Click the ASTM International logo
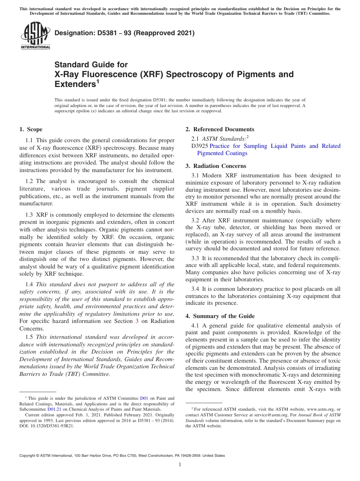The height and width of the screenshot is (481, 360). pyautogui.click(x=35, y=37)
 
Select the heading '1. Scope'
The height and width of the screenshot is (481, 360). pyautogui.click(x=31, y=129)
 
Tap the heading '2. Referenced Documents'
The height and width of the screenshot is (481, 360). pyautogui.click(x=220, y=129)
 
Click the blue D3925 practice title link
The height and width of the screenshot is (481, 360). pyautogui.click(x=275, y=146)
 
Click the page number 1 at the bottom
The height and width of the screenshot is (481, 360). pyautogui.click(x=180, y=465)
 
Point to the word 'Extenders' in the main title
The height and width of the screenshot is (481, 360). pyautogui.click(x=75, y=84)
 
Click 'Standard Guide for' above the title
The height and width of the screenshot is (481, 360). pyautogui.click(x=91, y=64)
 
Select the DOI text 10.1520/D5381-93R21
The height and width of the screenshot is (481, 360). pyautogui.click(x=52, y=426)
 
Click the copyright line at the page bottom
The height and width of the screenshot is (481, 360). pyautogui.click(x=122, y=456)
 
